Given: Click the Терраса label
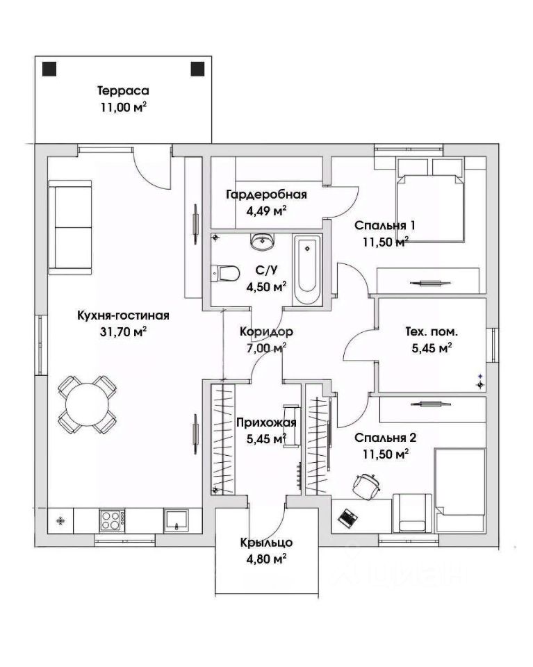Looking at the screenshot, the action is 123,90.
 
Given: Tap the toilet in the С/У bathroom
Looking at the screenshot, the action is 225,273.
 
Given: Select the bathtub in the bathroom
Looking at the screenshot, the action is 306,270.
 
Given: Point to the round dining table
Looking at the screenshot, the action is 87,404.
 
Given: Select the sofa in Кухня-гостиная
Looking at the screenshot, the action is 69,227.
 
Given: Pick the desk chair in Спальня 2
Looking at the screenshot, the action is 366,484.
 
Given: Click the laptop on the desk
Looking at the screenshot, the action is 347,518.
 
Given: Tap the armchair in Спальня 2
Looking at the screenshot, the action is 412,513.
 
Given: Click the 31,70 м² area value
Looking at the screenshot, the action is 123,331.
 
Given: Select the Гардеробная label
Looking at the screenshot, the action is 266,195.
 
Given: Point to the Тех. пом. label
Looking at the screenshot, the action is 432,332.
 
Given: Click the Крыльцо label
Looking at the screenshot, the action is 266,543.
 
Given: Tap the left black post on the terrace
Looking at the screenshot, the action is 49,69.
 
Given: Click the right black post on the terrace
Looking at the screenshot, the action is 197,69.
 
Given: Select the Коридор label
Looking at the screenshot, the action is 266,331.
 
